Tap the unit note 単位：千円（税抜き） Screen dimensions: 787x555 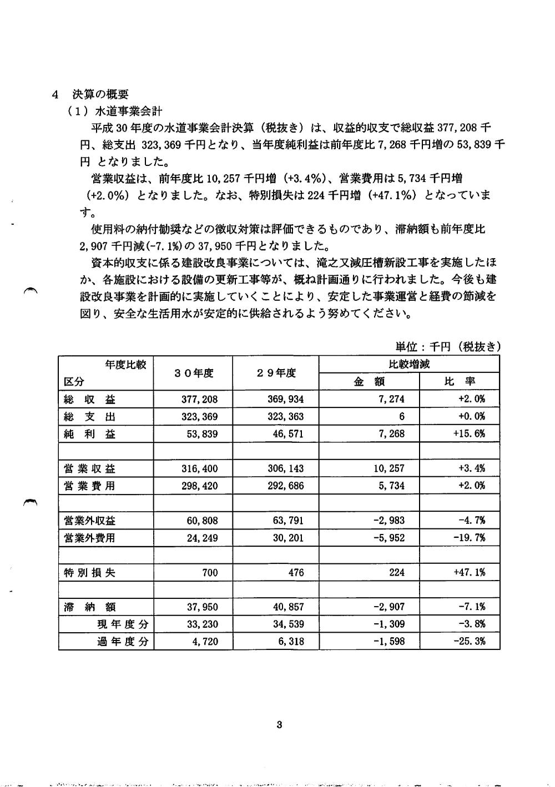(448, 346)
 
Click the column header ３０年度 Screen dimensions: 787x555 (193, 373)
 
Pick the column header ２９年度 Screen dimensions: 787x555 (276, 373)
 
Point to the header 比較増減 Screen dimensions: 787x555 (409, 365)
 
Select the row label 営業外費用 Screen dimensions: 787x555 (90, 538)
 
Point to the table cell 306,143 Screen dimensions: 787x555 (286, 468)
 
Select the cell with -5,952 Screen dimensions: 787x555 (389, 538)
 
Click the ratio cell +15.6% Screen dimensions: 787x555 (469, 433)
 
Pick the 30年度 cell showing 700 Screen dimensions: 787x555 (210, 572)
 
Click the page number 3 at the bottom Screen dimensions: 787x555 (279, 724)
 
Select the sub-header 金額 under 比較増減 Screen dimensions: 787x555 (369, 381)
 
